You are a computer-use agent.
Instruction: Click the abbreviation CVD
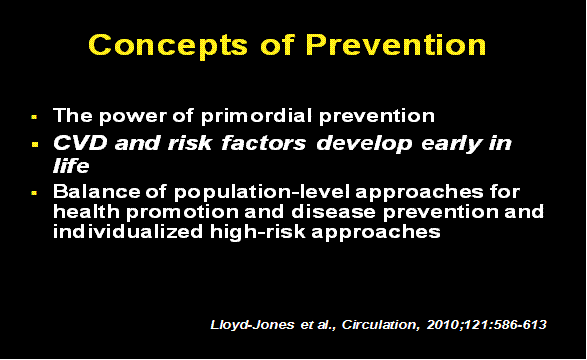(77, 142)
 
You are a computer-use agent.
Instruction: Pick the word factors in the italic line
(263, 142)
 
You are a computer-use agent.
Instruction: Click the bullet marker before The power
(34, 116)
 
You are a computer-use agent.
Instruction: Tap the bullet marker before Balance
(34, 191)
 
